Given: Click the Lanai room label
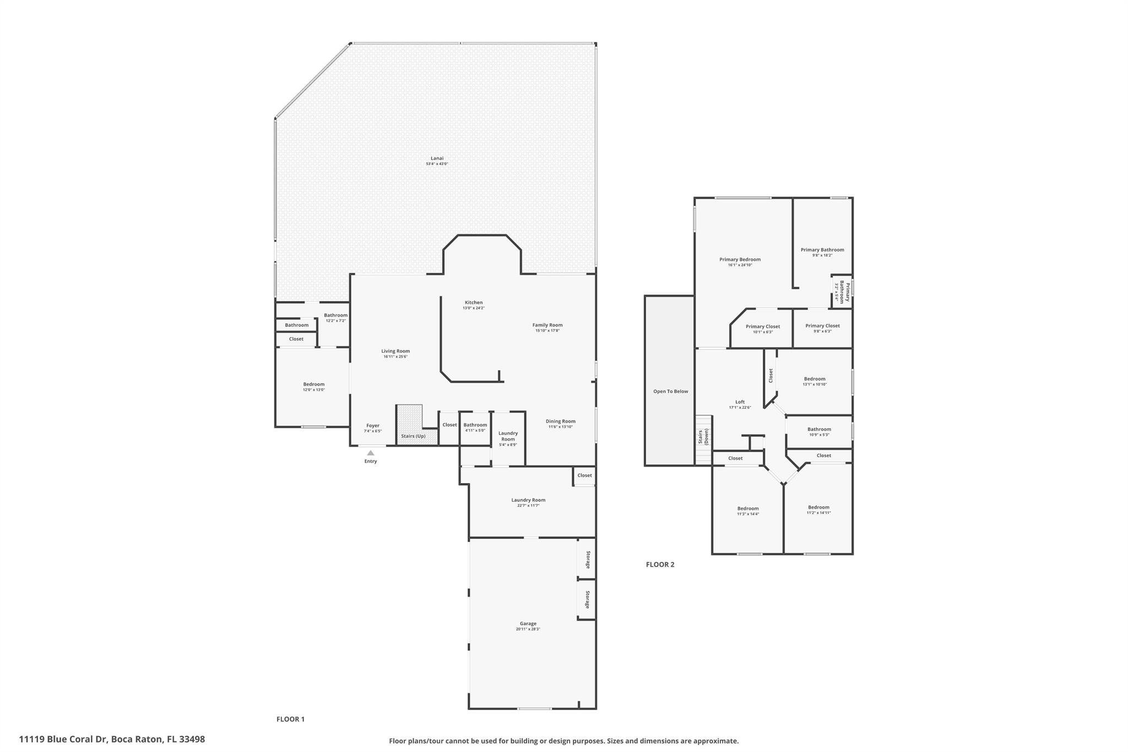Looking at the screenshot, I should [x=437, y=158].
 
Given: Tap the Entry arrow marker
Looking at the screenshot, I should [x=371, y=453].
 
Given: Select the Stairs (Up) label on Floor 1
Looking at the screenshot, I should [x=413, y=436].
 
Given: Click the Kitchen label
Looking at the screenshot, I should [x=474, y=302].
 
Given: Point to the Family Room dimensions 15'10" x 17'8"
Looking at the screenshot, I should [x=547, y=331].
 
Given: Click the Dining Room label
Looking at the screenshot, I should [x=561, y=421].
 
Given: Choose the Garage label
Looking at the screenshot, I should [x=528, y=624].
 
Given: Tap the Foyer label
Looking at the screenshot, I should [x=373, y=425].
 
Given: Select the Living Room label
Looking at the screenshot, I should [x=395, y=351].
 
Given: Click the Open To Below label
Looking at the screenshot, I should [x=670, y=391].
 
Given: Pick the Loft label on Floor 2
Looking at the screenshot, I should [x=740, y=402].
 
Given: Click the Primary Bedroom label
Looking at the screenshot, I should [x=740, y=259].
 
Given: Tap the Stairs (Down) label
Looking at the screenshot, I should [x=703, y=437].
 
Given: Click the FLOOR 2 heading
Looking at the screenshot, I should [x=660, y=564].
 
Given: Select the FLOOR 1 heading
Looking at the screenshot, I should [x=290, y=719].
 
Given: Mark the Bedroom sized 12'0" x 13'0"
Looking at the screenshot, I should [x=313, y=385].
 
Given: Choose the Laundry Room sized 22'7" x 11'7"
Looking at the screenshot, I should [x=528, y=500].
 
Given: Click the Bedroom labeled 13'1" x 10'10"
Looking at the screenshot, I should [x=815, y=379].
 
